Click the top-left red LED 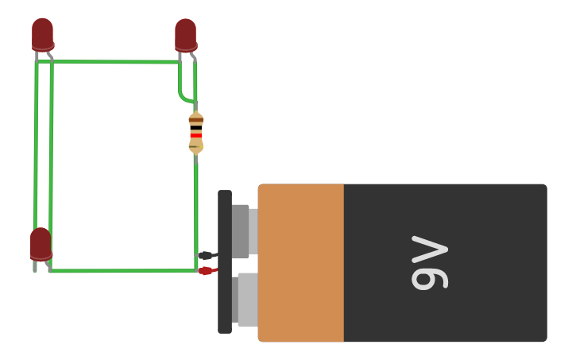(x=42, y=34)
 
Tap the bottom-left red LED (x=41, y=243)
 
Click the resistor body (x=195, y=133)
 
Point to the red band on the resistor (x=195, y=136)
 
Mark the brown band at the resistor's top (x=195, y=120)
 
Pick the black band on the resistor (x=195, y=128)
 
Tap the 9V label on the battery (x=429, y=262)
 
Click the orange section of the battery (x=301, y=262)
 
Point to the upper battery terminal (x=242, y=230)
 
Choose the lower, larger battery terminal (x=246, y=299)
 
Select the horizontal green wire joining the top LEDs (x=115, y=61)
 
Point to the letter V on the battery (x=429, y=249)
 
